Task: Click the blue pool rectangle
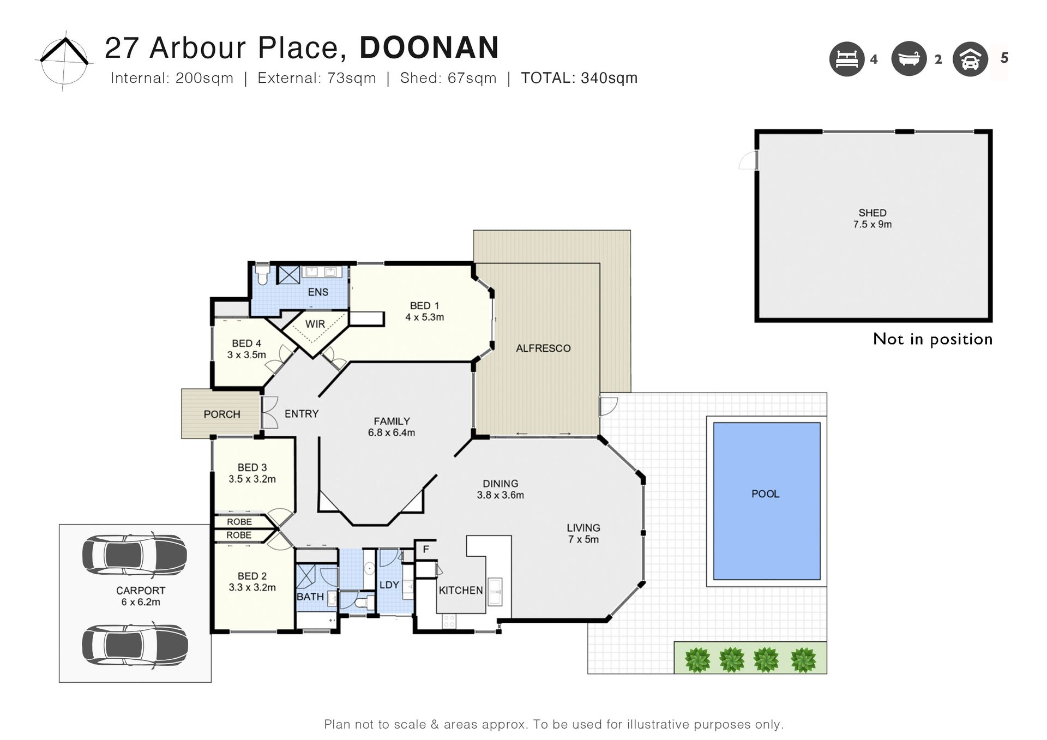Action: tap(767, 501)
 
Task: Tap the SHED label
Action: tap(872, 213)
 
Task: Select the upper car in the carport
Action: tap(135, 555)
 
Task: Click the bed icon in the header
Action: tap(847, 59)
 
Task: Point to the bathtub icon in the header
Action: tap(909, 59)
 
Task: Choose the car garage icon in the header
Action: tap(970, 59)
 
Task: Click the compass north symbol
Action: tap(64, 60)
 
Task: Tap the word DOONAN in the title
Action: tap(429, 47)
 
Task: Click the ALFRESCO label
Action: tap(543, 348)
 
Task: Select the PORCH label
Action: tap(222, 414)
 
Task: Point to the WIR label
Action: tap(315, 324)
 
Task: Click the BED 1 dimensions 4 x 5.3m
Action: tap(425, 317)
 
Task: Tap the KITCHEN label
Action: tap(461, 591)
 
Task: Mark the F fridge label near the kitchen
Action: tap(426, 550)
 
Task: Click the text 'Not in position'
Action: tap(932, 339)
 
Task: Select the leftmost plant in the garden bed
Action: tap(697, 659)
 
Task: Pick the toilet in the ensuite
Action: tap(262, 275)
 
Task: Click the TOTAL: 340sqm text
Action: tap(579, 78)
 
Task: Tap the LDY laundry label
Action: tap(389, 585)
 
